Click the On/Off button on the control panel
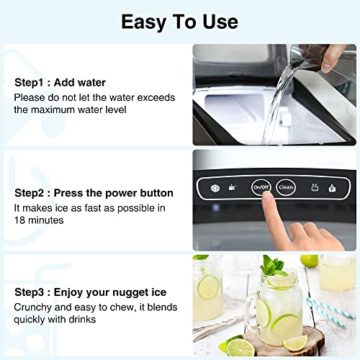click(x=261, y=187)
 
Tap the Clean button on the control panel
click(x=286, y=187)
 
